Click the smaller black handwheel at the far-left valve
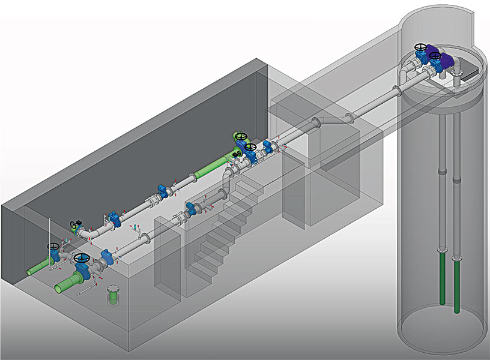tap(54, 246)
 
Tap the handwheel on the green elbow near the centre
tap(241, 137)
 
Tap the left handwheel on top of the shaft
tap(422, 46)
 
